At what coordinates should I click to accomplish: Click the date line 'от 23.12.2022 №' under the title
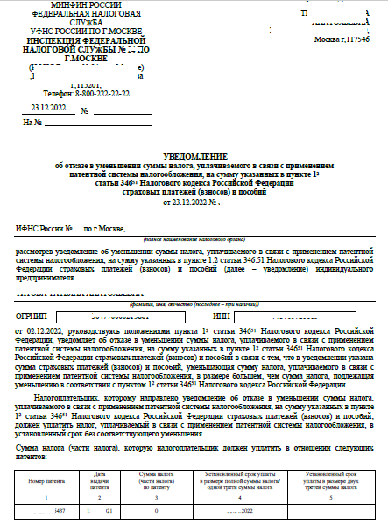[x=194, y=201]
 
